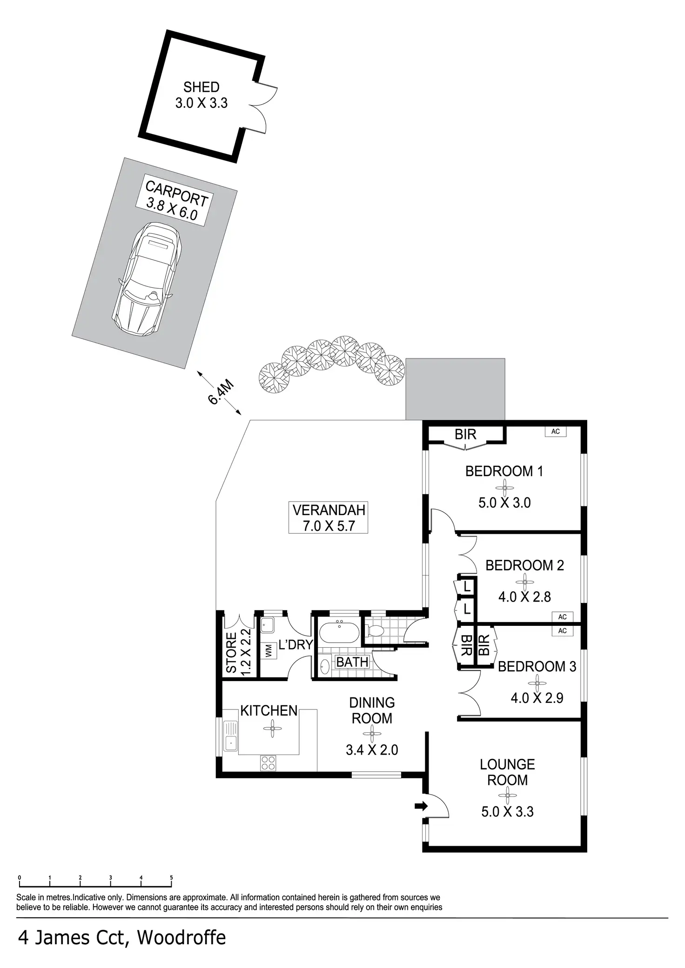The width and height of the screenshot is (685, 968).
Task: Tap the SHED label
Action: click(201, 87)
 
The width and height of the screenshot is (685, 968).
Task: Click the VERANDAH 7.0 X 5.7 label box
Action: click(329, 517)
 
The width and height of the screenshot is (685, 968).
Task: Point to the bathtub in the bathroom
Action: click(339, 632)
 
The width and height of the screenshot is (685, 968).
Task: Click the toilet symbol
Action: click(375, 631)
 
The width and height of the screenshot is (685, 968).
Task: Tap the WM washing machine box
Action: click(269, 650)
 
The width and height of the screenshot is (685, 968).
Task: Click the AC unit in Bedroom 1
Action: click(555, 431)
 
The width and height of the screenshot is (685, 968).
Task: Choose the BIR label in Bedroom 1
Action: click(465, 434)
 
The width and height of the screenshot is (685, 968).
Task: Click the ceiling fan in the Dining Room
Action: click(372, 734)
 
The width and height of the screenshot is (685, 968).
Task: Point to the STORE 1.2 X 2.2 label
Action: click(238, 651)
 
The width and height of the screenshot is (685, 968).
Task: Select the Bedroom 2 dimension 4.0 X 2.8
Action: click(524, 597)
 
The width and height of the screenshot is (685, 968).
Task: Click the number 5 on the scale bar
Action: click(171, 878)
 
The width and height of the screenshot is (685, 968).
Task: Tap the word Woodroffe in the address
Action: click(181, 938)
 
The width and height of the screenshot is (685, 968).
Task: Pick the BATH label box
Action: click(352, 662)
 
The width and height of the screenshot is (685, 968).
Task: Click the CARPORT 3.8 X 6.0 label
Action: click(175, 201)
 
